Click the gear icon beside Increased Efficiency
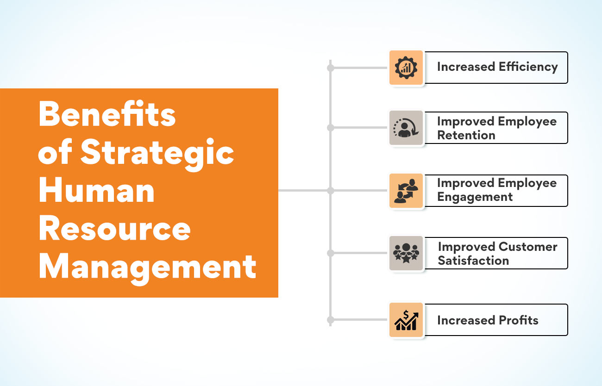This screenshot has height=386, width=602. click(406, 68)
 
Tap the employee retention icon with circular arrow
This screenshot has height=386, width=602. click(406, 128)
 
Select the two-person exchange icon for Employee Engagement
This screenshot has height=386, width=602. click(406, 191)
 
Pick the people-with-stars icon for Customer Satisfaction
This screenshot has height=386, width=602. click(406, 253)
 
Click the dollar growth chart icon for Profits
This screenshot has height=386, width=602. click(406, 320)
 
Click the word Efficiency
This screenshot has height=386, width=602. click(528, 67)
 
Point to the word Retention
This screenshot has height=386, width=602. click(466, 135)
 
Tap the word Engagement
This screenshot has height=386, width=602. click(475, 197)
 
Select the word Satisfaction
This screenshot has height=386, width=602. click(473, 261)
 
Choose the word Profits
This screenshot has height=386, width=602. click(519, 320)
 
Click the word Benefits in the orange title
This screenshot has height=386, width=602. click(107, 114)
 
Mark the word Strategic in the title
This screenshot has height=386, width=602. click(157, 153)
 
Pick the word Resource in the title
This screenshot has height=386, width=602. click(115, 228)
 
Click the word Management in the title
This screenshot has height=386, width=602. click(148, 268)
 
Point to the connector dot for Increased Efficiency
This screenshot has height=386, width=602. click(331, 68)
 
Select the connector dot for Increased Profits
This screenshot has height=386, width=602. click(331, 320)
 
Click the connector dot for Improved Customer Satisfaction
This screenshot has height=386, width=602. click(331, 253)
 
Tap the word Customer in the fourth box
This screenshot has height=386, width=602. click(528, 247)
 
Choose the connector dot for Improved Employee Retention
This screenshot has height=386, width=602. click(331, 128)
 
